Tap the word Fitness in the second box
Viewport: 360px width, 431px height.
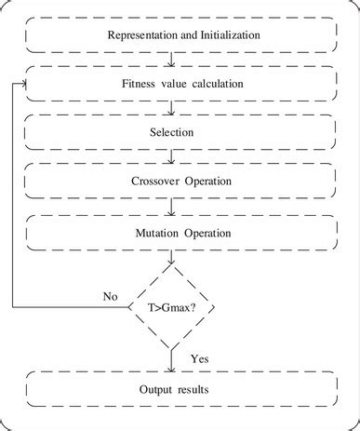click(140, 84)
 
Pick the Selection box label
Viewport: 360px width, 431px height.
click(172, 132)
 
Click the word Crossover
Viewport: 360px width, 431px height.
click(146, 180)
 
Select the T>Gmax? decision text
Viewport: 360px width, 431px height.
click(173, 305)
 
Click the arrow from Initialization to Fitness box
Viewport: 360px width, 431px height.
click(172, 60)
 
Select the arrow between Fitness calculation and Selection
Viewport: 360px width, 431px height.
click(172, 108)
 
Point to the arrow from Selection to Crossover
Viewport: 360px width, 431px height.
click(172, 156)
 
